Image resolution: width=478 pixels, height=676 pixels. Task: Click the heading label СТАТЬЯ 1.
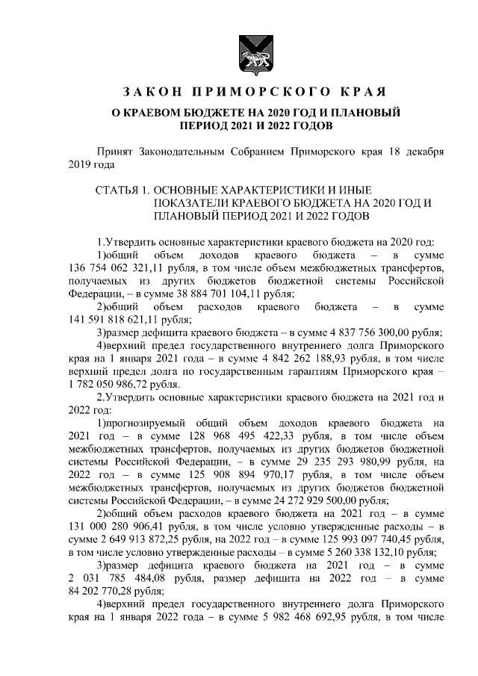click(x=121, y=190)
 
